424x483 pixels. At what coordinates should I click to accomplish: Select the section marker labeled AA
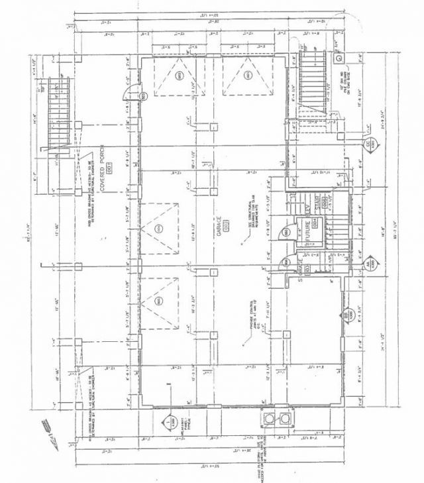(365, 262)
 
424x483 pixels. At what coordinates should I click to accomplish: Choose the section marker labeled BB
(345, 315)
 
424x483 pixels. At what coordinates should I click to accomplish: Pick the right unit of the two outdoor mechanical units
(286, 418)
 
